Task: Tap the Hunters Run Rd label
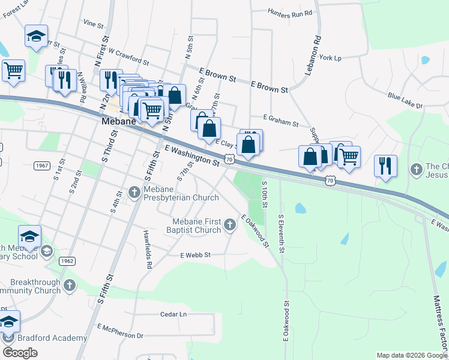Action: click(x=291, y=13)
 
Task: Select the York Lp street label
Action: click(x=330, y=58)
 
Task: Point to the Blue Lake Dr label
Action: click(x=405, y=101)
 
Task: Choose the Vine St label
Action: click(x=94, y=23)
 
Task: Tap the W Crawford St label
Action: click(x=128, y=58)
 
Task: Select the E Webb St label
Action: click(x=196, y=255)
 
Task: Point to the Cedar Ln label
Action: click(x=174, y=314)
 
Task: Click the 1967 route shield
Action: click(x=42, y=166)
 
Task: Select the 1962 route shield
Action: click(x=67, y=260)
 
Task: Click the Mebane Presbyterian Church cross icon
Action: click(x=134, y=192)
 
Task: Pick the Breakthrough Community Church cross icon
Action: click(x=70, y=286)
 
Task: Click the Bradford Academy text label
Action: click(x=53, y=338)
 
